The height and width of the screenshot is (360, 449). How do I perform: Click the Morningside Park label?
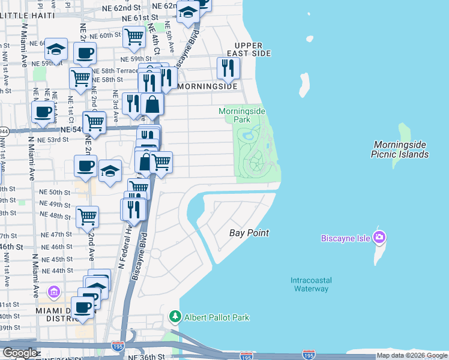coord(243,115)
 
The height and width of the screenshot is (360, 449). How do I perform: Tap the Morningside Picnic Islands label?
coord(402,149)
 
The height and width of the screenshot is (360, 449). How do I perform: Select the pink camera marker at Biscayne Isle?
coord(379,238)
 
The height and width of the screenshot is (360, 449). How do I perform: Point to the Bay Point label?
coord(250,233)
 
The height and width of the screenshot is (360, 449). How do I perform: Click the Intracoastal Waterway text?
coord(310,284)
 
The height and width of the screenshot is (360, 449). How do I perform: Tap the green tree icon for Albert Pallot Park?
coord(175,316)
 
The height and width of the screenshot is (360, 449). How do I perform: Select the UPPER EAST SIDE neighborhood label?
coord(253,50)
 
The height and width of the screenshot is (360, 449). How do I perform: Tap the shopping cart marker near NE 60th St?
coord(134,37)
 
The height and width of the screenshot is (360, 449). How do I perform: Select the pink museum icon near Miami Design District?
coord(54,293)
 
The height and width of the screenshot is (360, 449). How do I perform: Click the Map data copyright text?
coord(412,356)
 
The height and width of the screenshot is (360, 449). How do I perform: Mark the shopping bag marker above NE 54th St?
coord(153,104)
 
